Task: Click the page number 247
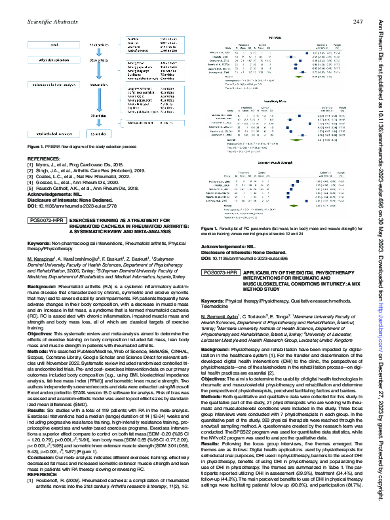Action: (359, 22)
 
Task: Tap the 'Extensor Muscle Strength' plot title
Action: (276, 161)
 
